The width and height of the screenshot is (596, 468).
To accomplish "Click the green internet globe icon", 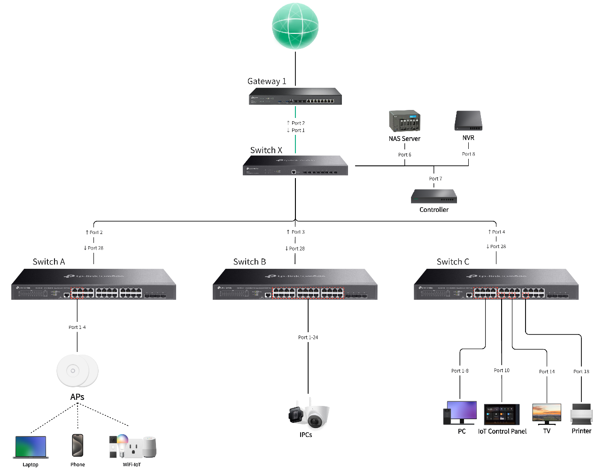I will coord(295,26).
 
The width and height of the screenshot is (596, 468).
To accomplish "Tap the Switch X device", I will coord(295,166).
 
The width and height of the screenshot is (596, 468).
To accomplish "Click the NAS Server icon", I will coord(404,121).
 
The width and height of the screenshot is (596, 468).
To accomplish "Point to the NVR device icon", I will coord(468,121).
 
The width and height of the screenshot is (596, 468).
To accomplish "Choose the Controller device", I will coord(433,196).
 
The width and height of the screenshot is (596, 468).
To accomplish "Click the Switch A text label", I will coord(49,262).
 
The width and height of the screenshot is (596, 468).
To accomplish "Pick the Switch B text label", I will coord(249,262).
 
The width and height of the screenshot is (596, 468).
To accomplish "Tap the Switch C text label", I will coord(453,262).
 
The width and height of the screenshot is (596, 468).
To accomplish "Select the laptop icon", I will coord(31,447).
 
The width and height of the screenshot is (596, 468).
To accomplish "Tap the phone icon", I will coord(77,445).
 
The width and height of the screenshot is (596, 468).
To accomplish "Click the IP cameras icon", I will coord(309,414).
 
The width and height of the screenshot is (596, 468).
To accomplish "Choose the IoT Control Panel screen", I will coord(502,414).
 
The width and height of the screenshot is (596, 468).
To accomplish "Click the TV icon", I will coord(547,413).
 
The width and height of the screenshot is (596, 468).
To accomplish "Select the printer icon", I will coord(581,414).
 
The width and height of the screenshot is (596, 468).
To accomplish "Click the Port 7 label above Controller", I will coord(435,179).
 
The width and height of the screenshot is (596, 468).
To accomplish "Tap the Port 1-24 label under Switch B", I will coord(308,337).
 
